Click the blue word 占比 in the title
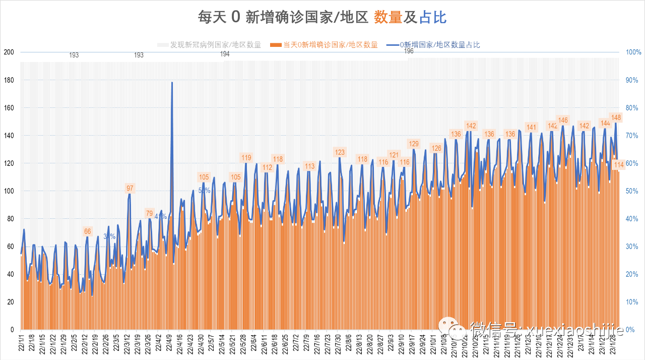click(433, 18)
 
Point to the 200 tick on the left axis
click(9, 52)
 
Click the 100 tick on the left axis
click(9, 191)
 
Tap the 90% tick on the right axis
click(633, 80)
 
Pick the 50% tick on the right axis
click(633, 191)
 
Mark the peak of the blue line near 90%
click(172, 82)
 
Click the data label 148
click(616, 117)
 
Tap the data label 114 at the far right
click(619, 165)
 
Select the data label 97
click(130, 188)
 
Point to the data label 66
click(88, 231)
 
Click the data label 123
click(340, 152)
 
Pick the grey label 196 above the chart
click(409, 51)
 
